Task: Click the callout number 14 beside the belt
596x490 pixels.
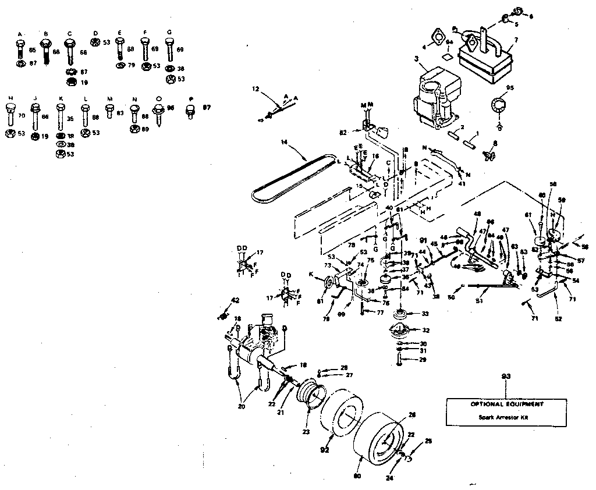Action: (284, 141)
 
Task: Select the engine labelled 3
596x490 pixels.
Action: (434, 99)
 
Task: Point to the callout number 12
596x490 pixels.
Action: (255, 89)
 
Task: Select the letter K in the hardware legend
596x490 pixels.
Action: (60, 98)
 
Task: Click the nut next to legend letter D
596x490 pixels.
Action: (95, 42)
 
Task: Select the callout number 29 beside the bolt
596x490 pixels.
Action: (423, 361)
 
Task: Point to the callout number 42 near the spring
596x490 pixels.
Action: (235, 301)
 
